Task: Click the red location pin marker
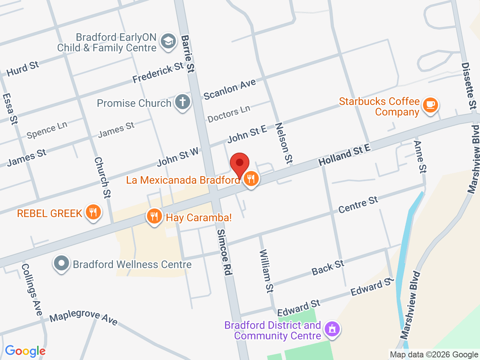tap(240, 164)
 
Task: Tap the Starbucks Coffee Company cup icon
tap(430, 105)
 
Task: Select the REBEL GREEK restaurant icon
tap(93, 213)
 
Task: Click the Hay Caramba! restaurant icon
tap(154, 216)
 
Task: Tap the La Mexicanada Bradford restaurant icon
tap(251, 179)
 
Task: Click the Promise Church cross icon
tap(183, 102)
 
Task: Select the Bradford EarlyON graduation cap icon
tap(168, 41)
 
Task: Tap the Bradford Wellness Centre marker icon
tap(61, 264)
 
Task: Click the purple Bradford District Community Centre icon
tap(332, 330)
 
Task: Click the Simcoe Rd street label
tap(224, 252)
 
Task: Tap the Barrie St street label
tap(188, 54)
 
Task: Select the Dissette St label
tap(469, 86)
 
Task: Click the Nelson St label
tap(284, 143)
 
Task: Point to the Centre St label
tap(358, 205)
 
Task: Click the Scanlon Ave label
tap(229, 89)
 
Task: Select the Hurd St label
tap(23, 69)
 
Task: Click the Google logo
tap(25, 351)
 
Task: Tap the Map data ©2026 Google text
tap(434, 354)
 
